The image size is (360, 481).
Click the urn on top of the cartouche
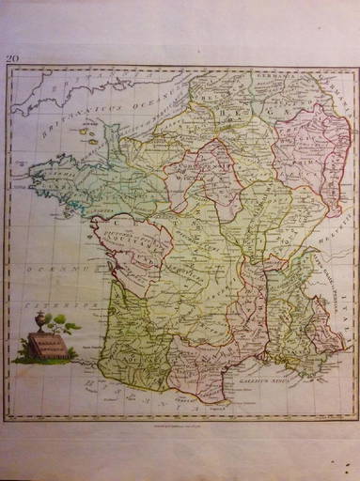pyautogui.click(x=39, y=322)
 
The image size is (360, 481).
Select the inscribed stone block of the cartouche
pyautogui.click(x=47, y=348)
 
